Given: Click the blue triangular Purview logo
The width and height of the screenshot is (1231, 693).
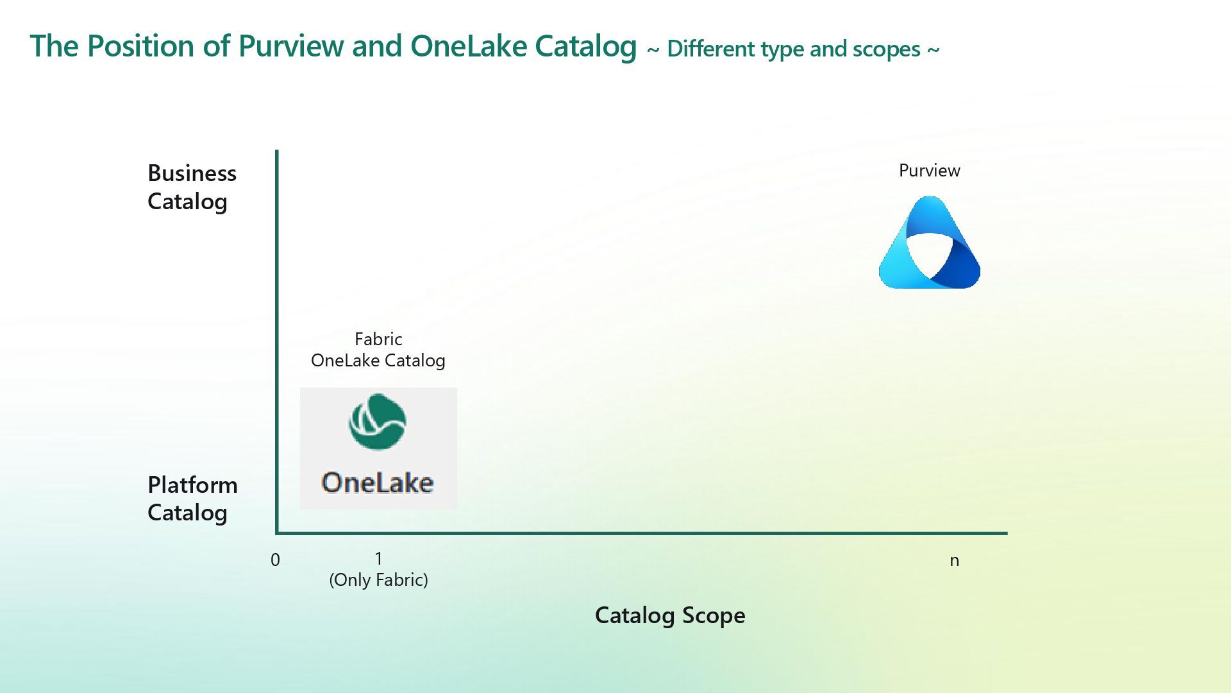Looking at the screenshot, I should (x=929, y=244).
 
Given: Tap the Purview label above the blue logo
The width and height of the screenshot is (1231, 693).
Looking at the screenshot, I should (x=929, y=171).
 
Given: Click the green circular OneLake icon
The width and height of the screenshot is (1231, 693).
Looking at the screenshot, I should (x=377, y=422).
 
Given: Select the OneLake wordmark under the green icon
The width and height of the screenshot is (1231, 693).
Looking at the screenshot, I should (x=378, y=483).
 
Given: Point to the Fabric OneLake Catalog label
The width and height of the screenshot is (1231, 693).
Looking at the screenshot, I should (x=378, y=350).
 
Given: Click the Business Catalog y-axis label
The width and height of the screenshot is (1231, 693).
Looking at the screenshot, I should (x=192, y=187).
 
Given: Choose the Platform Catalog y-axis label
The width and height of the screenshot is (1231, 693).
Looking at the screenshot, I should (x=192, y=499).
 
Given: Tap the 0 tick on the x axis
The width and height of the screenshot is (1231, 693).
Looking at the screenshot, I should (x=275, y=560).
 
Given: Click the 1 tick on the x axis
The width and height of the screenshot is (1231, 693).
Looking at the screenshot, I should (x=378, y=558).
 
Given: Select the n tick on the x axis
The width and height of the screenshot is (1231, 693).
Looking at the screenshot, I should (x=954, y=561).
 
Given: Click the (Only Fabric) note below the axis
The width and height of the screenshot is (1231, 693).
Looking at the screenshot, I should (x=378, y=580).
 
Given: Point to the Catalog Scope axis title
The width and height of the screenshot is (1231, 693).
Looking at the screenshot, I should (x=670, y=615).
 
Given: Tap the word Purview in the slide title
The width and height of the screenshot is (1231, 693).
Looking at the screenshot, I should (x=291, y=46).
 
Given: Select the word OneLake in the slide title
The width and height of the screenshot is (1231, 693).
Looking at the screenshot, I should (x=468, y=46).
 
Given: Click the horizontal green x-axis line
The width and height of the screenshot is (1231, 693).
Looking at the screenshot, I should (x=641, y=533).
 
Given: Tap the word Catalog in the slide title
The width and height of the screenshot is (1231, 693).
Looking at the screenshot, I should (x=585, y=46).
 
